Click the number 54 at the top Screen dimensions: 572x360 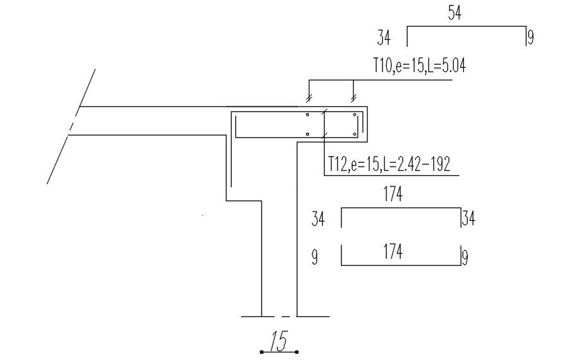(x=454, y=13)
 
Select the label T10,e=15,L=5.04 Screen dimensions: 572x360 (x=420, y=65)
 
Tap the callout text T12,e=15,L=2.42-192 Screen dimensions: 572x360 (x=389, y=165)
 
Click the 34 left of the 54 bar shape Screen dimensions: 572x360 (x=383, y=39)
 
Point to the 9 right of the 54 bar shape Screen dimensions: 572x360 (x=530, y=39)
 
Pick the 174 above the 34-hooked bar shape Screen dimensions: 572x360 (x=393, y=195)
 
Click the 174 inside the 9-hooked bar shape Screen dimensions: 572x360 (x=393, y=252)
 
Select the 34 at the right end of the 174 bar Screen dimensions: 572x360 (x=469, y=220)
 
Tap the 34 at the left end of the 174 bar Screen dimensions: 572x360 (x=318, y=220)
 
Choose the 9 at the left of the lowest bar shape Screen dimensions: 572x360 (x=315, y=258)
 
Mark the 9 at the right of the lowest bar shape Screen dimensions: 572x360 (x=465, y=258)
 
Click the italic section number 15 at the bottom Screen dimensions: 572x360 (x=278, y=342)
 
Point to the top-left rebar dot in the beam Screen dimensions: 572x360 (x=307, y=116)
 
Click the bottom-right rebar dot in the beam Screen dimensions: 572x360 (x=355, y=134)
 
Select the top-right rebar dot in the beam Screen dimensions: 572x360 (x=355, y=116)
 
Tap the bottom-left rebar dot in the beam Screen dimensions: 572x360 (x=307, y=134)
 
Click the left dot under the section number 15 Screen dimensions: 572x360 (x=261, y=352)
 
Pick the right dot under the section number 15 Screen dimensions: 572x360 (x=296, y=352)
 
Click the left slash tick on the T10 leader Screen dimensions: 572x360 (x=309, y=98)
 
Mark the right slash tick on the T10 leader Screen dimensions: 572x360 (x=354, y=98)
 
